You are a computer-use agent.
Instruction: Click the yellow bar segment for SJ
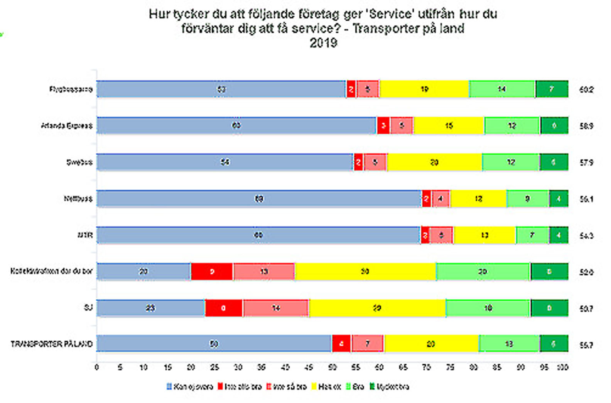click(377, 308)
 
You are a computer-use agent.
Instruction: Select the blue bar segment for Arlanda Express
click(236, 125)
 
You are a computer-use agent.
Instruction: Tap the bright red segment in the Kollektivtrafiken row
click(212, 272)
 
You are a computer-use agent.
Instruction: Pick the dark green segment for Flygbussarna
click(552, 89)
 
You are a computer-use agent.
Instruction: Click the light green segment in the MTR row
click(532, 235)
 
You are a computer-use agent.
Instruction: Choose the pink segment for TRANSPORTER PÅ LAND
click(367, 344)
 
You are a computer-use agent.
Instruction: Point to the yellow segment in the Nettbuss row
click(478, 199)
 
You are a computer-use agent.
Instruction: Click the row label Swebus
click(79, 162)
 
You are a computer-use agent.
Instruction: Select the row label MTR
click(85, 235)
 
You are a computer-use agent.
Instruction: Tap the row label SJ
click(88, 308)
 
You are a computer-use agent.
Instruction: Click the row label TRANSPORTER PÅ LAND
click(52, 344)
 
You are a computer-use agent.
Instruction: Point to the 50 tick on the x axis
click(332, 367)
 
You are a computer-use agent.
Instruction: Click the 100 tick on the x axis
click(562, 367)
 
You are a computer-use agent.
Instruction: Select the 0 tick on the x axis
click(97, 367)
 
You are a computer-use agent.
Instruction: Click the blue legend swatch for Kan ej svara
click(169, 386)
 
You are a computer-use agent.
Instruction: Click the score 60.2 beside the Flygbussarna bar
click(586, 90)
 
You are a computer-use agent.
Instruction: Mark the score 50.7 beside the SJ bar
click(586, 308)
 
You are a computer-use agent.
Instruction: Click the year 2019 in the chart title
click(323, 43)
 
